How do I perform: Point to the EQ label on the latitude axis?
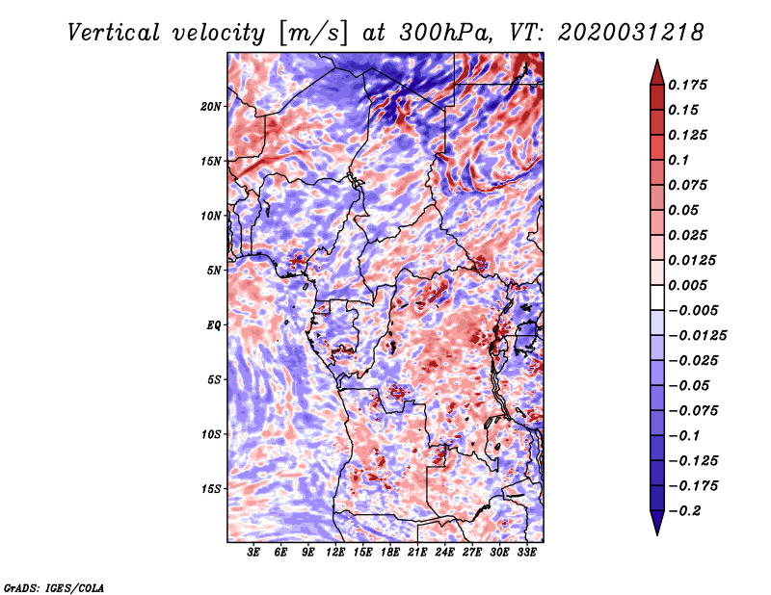tap(214, 324)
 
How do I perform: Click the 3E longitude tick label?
tap(254, 553)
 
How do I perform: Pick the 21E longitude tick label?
tap(417, 553)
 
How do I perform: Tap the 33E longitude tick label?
tap(526, 553)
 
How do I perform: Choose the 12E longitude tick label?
tap(335, 553)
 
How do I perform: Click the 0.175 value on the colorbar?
tap(690, 85)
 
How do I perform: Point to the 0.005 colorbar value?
tap(690, 285)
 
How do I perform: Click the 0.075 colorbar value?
tap(690, 185)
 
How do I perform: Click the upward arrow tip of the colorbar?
tap(655, 63)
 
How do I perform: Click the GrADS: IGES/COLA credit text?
tap(54, 586)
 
